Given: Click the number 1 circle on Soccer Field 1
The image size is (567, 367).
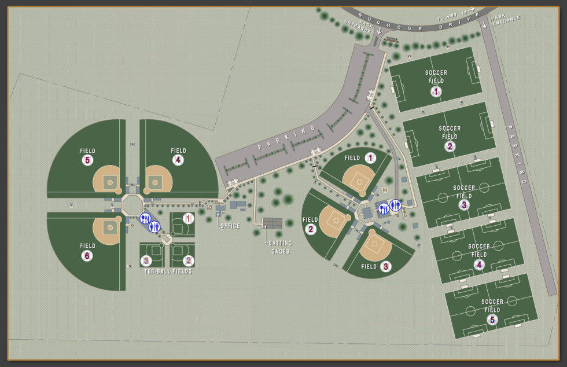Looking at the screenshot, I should click(x=436, y=91).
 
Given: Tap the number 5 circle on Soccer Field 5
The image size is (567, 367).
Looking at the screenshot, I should click(x=492, y=319).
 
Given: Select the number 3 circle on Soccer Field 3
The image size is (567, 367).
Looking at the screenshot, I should click(x=463, y=204).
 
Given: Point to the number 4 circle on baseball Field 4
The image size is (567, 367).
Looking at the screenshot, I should click(x=178, y=160).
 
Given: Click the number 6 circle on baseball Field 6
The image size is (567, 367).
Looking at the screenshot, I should click(x=87, y=255).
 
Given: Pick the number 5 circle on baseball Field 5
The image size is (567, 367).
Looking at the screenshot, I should click(x=87, y=160).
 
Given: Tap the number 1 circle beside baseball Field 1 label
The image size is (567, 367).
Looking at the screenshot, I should click(x=370, y=157).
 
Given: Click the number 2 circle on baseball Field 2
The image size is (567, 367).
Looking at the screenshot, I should click(x=310, y=229).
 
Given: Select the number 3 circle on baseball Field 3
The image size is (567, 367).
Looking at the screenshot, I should click(x=385, y=267).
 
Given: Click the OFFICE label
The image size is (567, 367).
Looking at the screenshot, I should click(x=230, y=226).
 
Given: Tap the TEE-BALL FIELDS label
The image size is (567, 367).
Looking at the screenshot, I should click(x=168, y=271).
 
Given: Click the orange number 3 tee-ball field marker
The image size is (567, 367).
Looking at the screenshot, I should click(x=147, y=260).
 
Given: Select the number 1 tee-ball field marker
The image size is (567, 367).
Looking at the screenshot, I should click(x=187, y=218).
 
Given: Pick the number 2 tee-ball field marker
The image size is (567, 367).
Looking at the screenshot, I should click(x=188, y=260).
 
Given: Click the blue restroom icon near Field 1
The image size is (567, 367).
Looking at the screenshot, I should click(x=395, y=205).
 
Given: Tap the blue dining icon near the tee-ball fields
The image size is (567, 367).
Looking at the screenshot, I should click(x=145, y=219).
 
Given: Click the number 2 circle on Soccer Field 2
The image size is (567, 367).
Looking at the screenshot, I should click(x=450, y=146).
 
